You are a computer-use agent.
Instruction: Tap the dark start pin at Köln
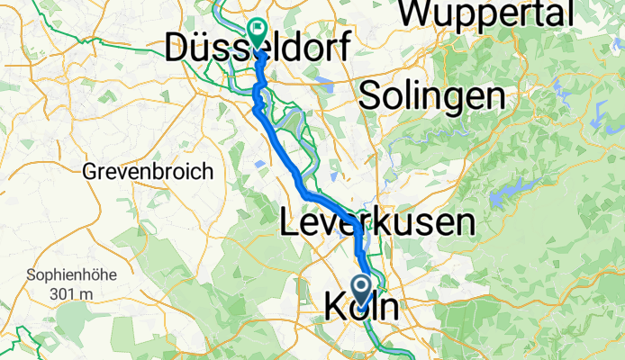click(x=363, y=290)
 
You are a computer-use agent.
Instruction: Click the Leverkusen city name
click(x=377, y=222)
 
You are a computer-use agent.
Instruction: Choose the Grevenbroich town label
click(x=148, y=170)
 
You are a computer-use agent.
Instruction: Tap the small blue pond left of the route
click(x=259, y=165)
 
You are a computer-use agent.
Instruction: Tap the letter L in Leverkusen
click(x=289, y=222)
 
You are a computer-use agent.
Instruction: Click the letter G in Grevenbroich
click(x=89, y=170)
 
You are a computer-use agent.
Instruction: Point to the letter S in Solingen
click(x=369, y=95)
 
